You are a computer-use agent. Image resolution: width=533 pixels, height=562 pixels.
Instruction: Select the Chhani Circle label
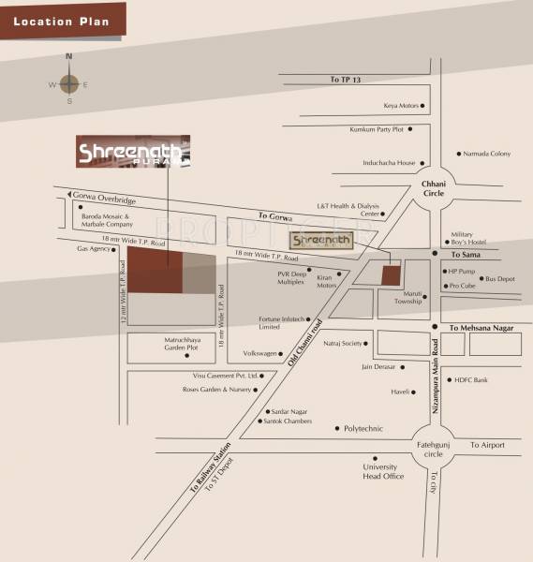[433, 187]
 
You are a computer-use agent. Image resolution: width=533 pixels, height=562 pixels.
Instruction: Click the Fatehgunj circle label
[433, 449]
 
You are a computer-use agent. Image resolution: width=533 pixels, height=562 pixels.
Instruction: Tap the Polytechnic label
[363, 428]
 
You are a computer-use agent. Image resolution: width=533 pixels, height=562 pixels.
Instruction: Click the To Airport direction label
[487, 445]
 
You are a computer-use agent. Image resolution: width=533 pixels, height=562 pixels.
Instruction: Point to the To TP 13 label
[345, 80]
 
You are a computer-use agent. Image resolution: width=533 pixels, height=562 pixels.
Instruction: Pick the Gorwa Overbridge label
[104, 200]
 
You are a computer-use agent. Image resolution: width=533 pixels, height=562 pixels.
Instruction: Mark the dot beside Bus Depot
[479, 279]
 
